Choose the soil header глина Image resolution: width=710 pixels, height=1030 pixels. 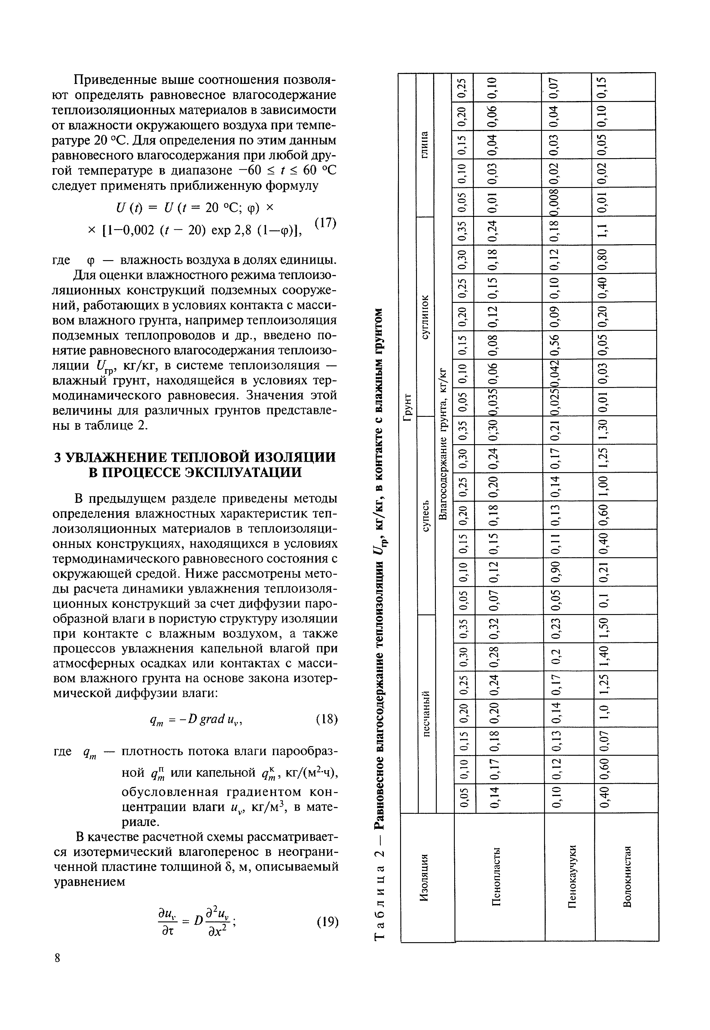425,145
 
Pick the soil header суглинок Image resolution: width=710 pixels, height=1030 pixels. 425,316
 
